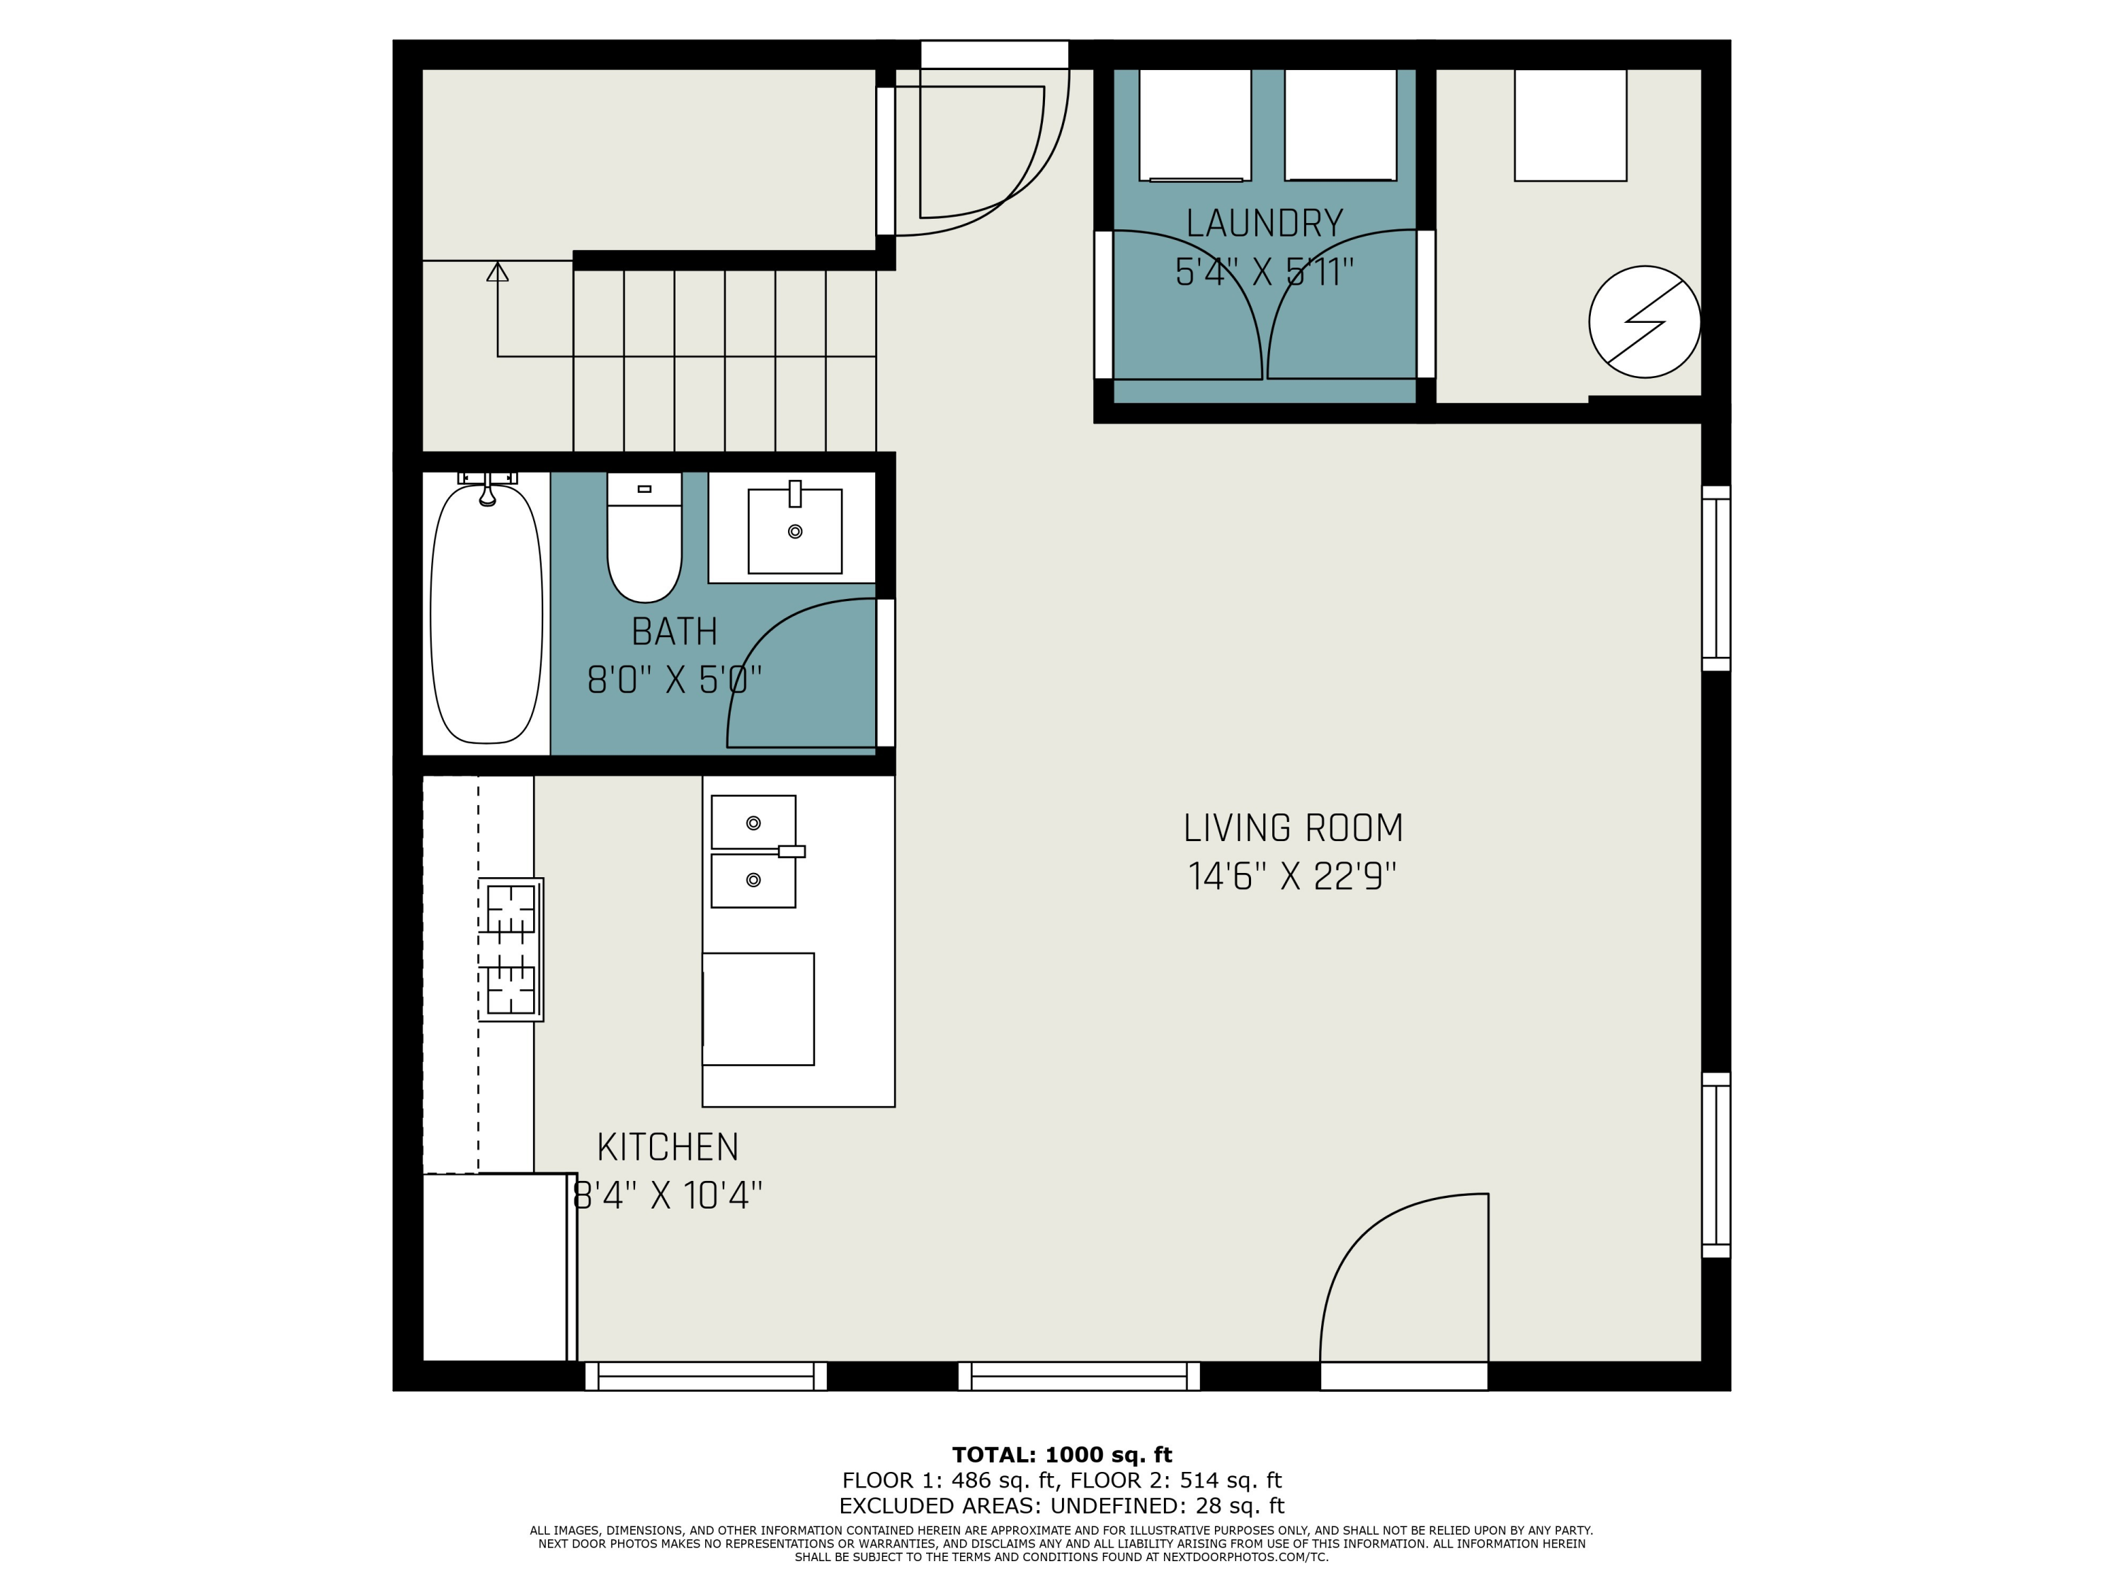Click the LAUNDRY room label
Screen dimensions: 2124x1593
[x=1264, y=224]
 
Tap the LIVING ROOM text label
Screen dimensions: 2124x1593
[x=1292, y=828]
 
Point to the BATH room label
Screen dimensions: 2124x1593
[x=674, y=632]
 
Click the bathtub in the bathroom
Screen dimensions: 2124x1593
[x=487, y=614]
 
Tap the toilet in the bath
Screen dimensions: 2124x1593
[x=644, y=537]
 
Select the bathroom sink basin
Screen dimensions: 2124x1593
[x=795, y=531]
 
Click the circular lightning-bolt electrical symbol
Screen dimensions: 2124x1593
[x=1645, y=321]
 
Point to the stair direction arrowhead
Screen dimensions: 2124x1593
[x=498, y=272]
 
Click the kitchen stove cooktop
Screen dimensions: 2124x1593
[x=511, y=949]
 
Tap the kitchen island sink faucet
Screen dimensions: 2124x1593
[x=792, y=851]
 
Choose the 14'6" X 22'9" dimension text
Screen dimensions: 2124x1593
[x=1292, y=877]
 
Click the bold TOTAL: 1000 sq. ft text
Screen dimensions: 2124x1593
[x=1062, y=1455]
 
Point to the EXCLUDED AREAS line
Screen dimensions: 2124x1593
[x=1062, y=1506]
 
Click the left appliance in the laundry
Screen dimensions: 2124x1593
[x=1196, y=125]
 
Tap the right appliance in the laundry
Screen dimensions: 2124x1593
[x=1340, y=125]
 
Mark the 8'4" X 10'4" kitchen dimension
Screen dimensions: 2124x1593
[x=668, y=1197]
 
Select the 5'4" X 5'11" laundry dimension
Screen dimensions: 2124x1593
[x=1264, y=273]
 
